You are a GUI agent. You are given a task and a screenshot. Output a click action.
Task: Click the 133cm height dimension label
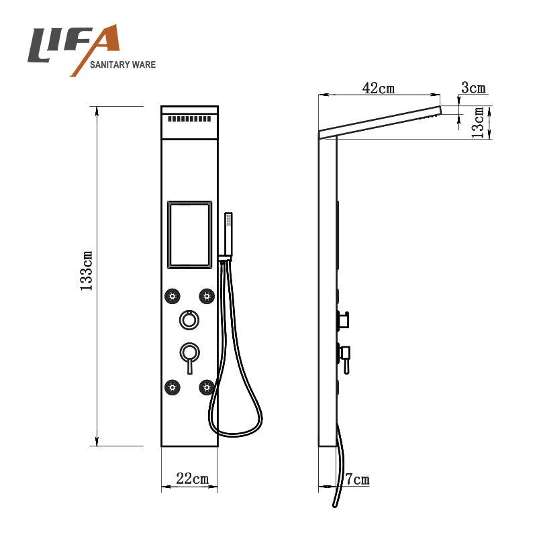(86, 271)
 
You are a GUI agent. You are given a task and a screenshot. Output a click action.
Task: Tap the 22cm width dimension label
(192, 479)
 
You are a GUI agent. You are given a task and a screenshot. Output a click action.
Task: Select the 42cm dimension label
(379, 88)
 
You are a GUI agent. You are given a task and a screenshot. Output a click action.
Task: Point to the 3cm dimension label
(473, 88)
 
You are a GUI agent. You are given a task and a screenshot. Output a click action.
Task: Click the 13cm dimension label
(478, 123)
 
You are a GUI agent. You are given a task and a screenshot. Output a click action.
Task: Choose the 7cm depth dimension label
(357, 479)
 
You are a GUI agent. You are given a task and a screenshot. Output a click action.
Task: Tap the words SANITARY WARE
(123, 64)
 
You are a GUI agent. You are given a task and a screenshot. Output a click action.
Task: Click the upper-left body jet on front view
(173, 296)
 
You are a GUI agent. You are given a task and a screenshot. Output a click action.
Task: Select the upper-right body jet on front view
(207, 296)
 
